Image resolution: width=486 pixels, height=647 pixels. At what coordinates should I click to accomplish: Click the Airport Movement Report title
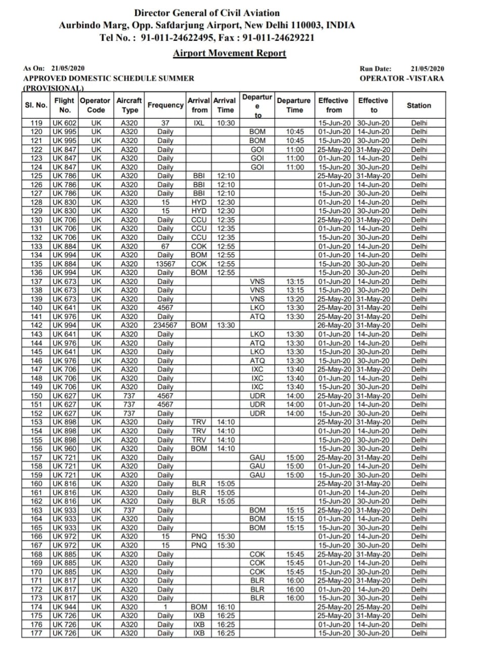[229, 53]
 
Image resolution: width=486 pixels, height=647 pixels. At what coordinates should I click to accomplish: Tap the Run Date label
[375, 68]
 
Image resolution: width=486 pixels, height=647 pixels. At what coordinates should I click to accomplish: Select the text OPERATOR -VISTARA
[402, 78]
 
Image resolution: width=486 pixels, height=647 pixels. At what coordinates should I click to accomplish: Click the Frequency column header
[165, 105]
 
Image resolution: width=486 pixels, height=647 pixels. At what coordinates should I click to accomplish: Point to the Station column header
[419, 105]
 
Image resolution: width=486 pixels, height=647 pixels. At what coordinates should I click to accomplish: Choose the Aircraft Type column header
[129, 105]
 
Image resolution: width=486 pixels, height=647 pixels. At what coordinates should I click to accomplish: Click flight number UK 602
[65, 123]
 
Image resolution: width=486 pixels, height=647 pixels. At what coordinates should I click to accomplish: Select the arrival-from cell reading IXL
[199, 123]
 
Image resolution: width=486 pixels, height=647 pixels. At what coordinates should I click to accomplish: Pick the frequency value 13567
[165, 264]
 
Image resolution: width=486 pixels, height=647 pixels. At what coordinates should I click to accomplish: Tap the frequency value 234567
[165, 326]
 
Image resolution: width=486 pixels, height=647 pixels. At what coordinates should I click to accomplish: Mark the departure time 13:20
[295, 299]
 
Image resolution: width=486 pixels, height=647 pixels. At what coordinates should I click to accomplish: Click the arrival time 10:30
[226, 123]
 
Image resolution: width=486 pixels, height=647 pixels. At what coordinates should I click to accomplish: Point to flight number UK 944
[65, 607]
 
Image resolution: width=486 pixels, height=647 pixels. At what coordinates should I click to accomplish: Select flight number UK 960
[65, 448]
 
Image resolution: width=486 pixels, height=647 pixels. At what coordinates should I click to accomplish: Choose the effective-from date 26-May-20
[334, 326]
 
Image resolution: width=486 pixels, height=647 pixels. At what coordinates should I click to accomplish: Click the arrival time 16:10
[226, 607]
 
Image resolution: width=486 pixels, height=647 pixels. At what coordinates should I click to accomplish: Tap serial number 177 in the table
[36, 633]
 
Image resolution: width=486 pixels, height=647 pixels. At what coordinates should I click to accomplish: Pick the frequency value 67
[165, 246]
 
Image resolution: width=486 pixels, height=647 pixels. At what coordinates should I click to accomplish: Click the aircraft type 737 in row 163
[129, 510]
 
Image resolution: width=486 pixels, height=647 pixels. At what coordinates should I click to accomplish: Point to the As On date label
[34, 68]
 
